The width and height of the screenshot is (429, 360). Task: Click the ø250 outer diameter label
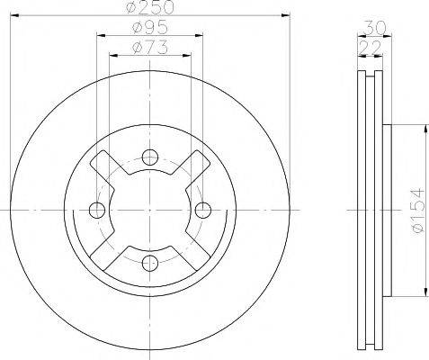click(x=150, y=7)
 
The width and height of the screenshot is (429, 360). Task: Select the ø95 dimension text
click(x=150, y=28)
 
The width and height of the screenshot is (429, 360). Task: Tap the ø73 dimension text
click(x=150, y=48)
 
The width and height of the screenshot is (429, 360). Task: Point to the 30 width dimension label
click(x=374, y=29)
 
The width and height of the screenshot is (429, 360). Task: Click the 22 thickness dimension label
click(x=370, y=47)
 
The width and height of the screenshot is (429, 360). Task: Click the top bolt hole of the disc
click(x=150, y=157)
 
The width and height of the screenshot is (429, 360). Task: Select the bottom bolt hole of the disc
click(x=150, y=263)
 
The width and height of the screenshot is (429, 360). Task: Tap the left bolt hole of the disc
click(x=97, y=210)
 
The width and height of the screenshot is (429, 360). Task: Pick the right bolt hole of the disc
click(x=203, y=210)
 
